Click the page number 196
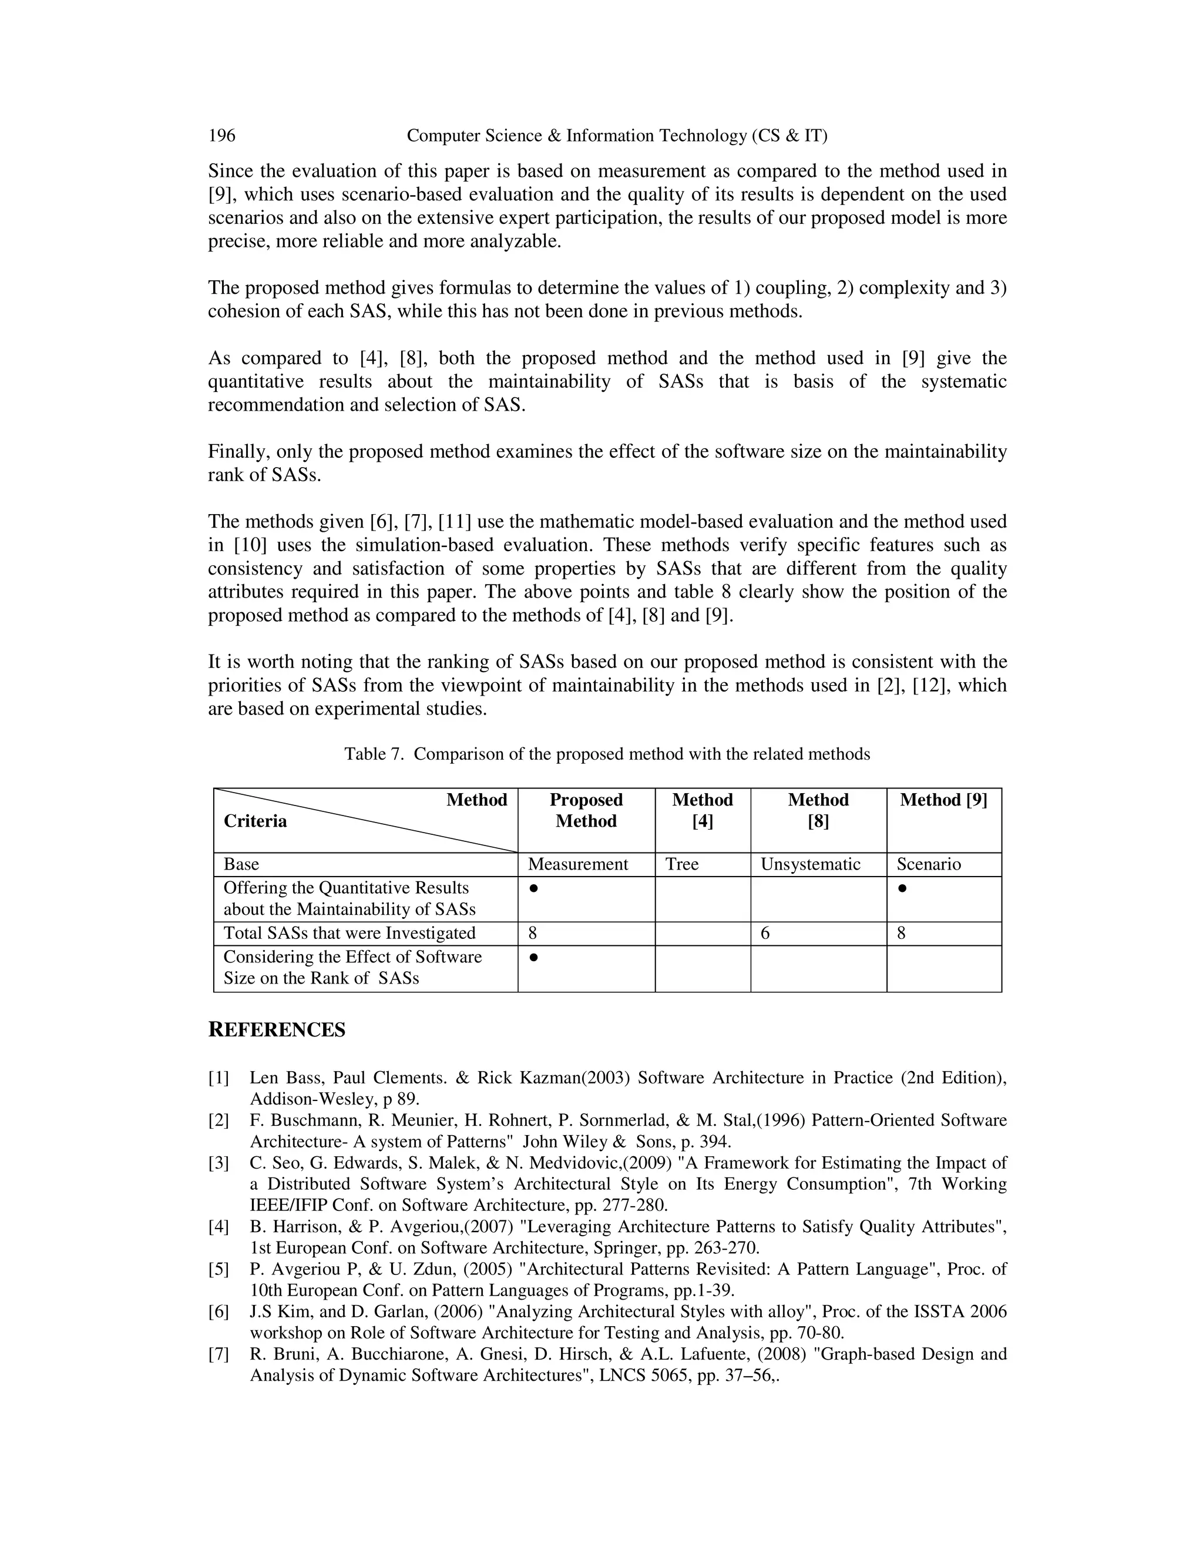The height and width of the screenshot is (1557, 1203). pyautogui.click(x=221, y=136)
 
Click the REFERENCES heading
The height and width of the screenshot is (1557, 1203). pyautogui.click(x=277, y=1029)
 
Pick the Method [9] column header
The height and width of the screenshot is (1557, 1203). pyautogui.click(x=943, y=800)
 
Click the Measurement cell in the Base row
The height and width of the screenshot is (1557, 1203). pyautogui.click(x=577, y=864)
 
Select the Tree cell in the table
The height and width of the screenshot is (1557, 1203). pyautogui.click(x=681, y=864)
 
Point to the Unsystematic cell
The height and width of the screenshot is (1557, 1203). pyautogui.click(x=810, y=864)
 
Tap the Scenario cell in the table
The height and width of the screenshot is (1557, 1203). pyautogui.click(x=928, y=864)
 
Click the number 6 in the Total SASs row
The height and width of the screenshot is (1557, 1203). pyautogui.click(x=765, y=933)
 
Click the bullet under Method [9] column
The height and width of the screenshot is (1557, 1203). pyautogui.click(x=902, y=888)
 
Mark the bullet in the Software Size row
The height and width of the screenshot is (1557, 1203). pyautogui.click(x=533, y=957)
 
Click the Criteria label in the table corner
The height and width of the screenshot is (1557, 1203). pyautogui.click(x=255, y=821)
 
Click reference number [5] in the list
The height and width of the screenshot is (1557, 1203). pyautogui.click(x=219, y=1269)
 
